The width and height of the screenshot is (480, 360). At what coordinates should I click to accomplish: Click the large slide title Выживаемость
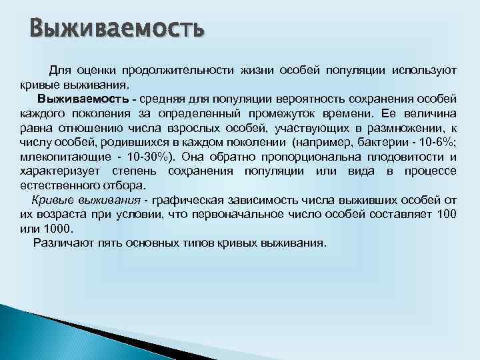click(x=117, y=29)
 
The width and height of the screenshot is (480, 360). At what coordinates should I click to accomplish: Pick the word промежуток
click(x=293, y=113)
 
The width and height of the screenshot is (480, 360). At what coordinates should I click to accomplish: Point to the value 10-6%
click(x=437, y=143)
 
